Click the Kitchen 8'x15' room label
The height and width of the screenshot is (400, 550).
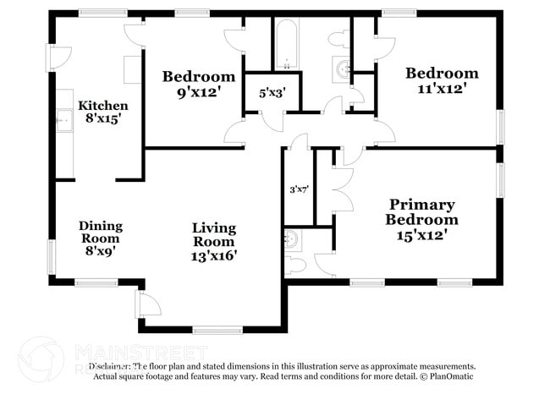pyautogui.click(x=102, y=112)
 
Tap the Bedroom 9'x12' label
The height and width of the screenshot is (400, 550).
pyautogui.click(x=198, y=83)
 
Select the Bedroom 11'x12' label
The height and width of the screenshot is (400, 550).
pyautogui.click(x=441, y=79)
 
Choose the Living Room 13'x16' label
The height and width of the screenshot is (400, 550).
pyautogui.click(x=213, y=241)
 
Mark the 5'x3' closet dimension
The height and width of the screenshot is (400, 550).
pyautogui.click(x=272, y=94)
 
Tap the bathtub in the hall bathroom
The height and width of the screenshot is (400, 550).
pyautogui.click(x=285, y=44)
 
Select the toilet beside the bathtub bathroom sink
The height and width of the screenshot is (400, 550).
pyautogui.click(x=340, y=37)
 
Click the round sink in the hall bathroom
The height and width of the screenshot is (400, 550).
pyautogui.click(x=342, y=68)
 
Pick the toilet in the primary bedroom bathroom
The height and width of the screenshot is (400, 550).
pyautogui.click(x=295, y=264)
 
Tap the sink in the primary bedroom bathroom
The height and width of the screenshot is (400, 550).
pyautogui.click(x=291, y=238)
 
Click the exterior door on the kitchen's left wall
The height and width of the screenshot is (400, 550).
pyautogui.click(x=57, y=57)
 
